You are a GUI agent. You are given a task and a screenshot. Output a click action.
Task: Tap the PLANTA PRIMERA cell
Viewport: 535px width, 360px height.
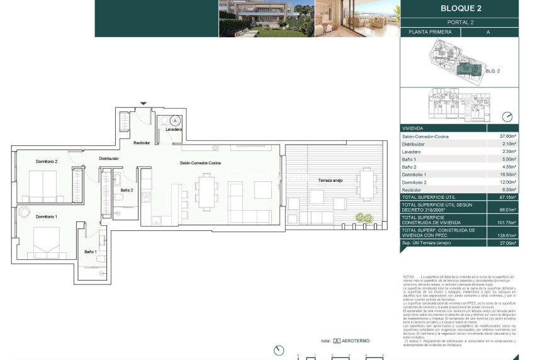431,31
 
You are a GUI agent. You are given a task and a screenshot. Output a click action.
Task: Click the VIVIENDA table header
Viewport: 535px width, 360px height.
413,128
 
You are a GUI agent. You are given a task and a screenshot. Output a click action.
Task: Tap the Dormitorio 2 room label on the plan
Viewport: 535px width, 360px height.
47,162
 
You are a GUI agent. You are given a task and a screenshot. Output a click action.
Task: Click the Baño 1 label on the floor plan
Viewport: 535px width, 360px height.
91,252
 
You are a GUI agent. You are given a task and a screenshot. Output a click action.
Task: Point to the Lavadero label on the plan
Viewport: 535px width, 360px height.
174,130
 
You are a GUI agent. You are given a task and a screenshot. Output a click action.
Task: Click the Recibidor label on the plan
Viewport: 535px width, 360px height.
142,143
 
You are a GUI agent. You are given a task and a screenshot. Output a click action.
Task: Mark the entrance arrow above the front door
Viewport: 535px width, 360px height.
144,103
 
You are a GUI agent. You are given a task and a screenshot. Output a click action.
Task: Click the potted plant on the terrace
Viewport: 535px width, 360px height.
364,218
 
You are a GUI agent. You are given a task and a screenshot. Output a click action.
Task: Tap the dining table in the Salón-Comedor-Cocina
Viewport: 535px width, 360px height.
207,191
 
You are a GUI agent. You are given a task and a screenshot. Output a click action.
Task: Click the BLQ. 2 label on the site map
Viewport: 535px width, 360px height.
492,71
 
